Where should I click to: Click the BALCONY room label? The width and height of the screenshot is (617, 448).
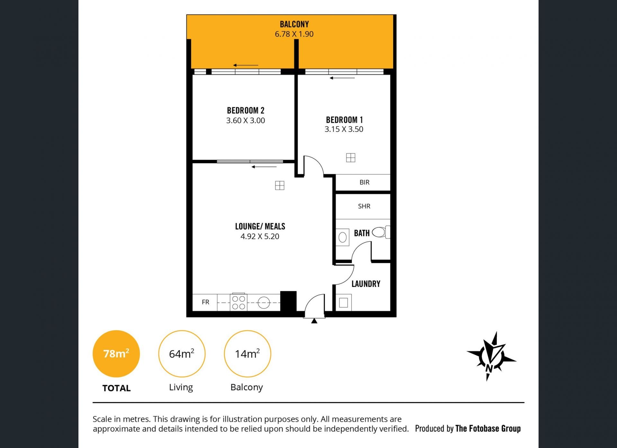294,24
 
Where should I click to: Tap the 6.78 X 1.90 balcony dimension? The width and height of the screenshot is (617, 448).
294,34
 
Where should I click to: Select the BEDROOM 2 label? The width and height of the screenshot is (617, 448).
246,111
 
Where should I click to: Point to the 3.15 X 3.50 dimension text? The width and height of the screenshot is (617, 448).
344,129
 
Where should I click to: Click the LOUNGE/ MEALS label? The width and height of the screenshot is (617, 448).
260,226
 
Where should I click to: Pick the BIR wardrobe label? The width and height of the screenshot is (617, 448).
364,182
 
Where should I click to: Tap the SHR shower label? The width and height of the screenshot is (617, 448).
364,206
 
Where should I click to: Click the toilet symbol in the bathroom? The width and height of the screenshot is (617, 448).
381,232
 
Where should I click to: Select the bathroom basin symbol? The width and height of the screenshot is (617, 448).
343,237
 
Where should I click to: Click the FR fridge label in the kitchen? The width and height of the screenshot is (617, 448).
205,302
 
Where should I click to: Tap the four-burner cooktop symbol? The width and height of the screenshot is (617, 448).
238,302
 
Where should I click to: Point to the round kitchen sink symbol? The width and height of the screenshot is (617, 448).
264,303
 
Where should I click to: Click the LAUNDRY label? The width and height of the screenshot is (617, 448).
366,284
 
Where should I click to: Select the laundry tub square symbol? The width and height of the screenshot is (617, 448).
344,303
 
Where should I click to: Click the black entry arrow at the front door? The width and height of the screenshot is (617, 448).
314,321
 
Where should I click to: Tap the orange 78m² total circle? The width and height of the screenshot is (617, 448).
116,354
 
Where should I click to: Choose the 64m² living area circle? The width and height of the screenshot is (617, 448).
182,354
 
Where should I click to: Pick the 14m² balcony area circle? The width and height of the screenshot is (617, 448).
247,354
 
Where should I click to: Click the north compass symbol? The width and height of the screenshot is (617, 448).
492,356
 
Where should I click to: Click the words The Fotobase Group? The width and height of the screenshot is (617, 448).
488,428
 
